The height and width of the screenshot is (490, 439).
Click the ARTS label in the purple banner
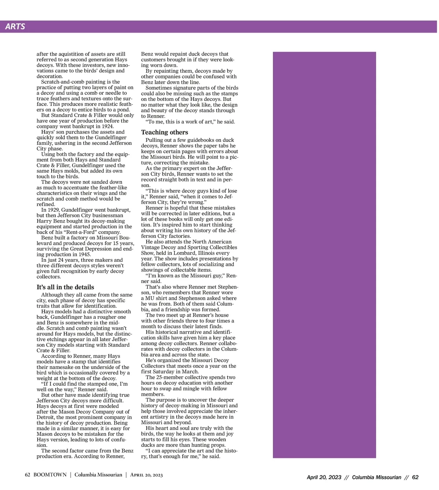point(15,26)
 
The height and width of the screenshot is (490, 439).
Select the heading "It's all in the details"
point(65,287)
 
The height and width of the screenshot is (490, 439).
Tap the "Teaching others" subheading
point(165,132)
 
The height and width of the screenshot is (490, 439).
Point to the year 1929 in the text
point(53,210)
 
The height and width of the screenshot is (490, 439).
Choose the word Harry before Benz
point(44,221)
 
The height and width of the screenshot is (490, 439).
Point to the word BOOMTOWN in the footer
point(50,475)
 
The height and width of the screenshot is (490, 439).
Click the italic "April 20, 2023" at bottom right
point(324,477)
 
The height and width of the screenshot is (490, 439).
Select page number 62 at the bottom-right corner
point(415,477)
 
